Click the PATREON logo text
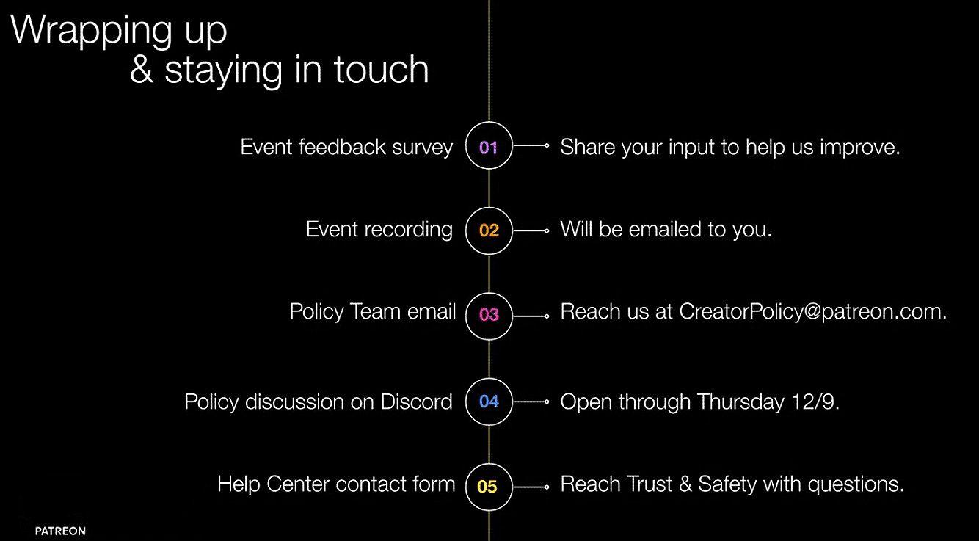(x=60, y=531)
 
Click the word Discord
(x=416, y=402)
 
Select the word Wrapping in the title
(x=91, y=31)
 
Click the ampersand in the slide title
(x=142, y=70)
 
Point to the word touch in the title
(x=381, y=70)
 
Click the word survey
(x=422, y=148)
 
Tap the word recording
(x=408, y=230)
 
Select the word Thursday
(x=740, y=402)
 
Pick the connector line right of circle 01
(x=531, y=145)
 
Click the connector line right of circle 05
(x=531, y=487)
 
